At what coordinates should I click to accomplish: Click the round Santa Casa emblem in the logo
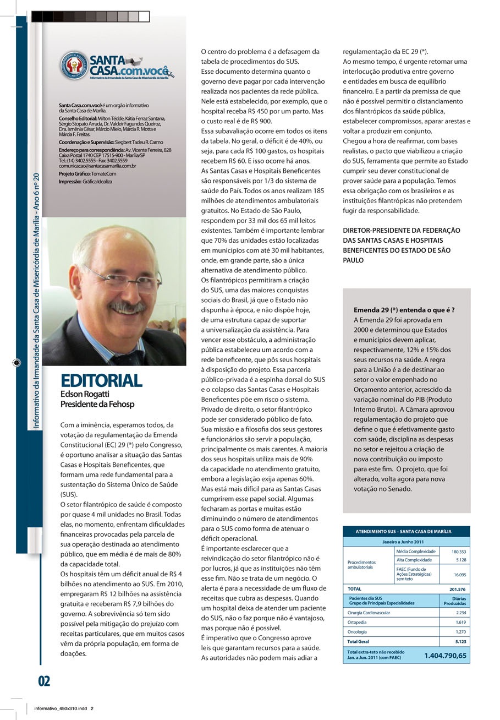click(x=74, y=66)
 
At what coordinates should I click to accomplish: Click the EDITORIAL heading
click(x=101, y=380)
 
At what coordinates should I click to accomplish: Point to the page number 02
click(x=44, y=681)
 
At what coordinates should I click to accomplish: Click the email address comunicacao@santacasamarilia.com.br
click(x=97, y=165)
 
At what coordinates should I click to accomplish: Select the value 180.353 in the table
click(x=458, y=551)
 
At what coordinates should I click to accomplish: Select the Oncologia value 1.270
click(x=461, y=632)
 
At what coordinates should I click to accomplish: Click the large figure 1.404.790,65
click(x=445, y=656)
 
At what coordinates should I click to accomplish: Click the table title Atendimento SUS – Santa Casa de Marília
click(x=406, y=532)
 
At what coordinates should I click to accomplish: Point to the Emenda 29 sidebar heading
click(x=404, y=310)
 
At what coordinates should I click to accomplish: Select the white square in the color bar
click(x=144, y=17)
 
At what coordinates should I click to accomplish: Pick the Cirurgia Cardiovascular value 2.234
click(x=461, y=612)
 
